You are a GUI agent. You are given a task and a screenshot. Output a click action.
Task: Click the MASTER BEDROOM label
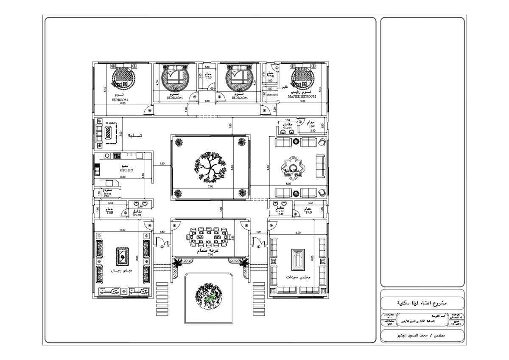(302, 97)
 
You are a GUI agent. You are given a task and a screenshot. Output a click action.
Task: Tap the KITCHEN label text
(126, 170)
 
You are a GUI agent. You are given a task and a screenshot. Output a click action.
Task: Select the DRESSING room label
(272, 95)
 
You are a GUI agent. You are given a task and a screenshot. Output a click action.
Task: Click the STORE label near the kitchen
(107, 193)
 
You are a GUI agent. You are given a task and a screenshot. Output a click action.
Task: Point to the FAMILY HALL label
(293, 174)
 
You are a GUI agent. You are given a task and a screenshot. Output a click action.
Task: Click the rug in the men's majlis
(122, 257)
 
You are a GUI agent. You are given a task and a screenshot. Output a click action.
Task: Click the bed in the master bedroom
(302, 77)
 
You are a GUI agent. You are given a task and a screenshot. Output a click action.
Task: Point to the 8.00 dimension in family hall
(289, 184)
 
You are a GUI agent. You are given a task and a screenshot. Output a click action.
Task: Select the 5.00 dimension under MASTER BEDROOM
(302, 101)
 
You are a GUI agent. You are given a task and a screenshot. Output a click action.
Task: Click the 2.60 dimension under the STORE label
(106, 196)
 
